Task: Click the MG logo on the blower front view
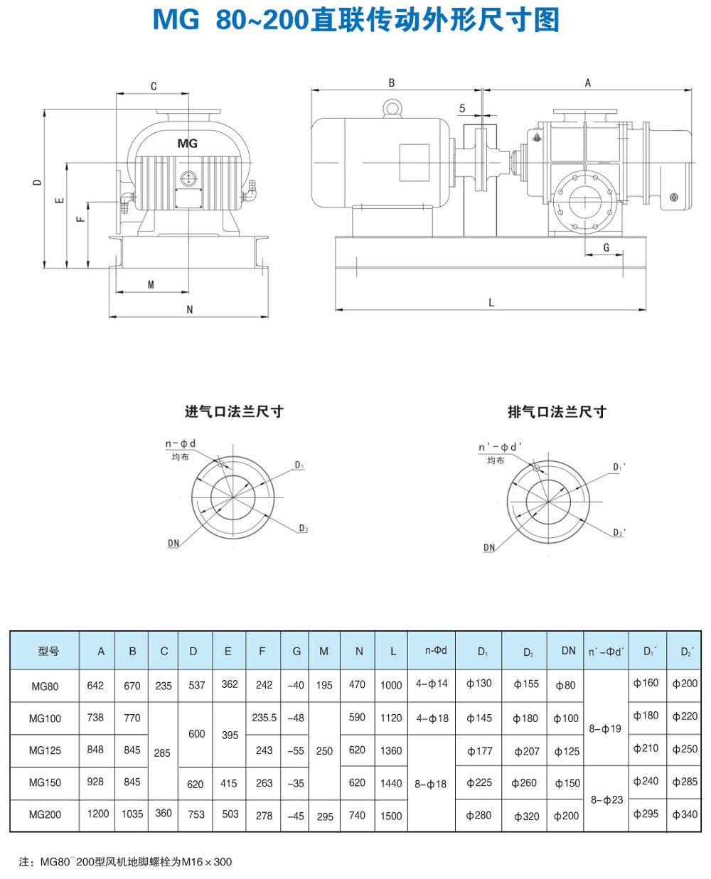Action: click(x=188, y=144)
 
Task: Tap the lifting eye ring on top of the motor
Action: click(x=392, y=108)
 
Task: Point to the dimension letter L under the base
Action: click(x=491, y=302)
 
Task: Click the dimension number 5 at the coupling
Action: click(x=462, y=109)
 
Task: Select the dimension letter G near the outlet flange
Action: click(x=606, y=247)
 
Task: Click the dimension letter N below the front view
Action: click(x=190, y=309)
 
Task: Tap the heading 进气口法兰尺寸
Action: click(x=234, y=411)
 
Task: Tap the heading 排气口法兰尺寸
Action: click(x=557, y=411)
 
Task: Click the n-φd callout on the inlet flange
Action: click(x=181, y=443)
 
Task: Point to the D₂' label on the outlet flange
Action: click(x=619, y=532)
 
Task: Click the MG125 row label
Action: click(x=45, y=750)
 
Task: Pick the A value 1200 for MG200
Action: click(x=98, y=814)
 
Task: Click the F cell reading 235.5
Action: click(x=264, y=718)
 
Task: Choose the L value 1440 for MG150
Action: click(x=391, y=783)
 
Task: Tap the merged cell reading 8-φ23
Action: click(x=606, y=799)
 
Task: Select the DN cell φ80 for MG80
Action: click(x=565, y=686)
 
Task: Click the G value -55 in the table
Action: click(x=296, y=751)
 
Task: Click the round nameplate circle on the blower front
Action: click(x=188, y=178)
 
